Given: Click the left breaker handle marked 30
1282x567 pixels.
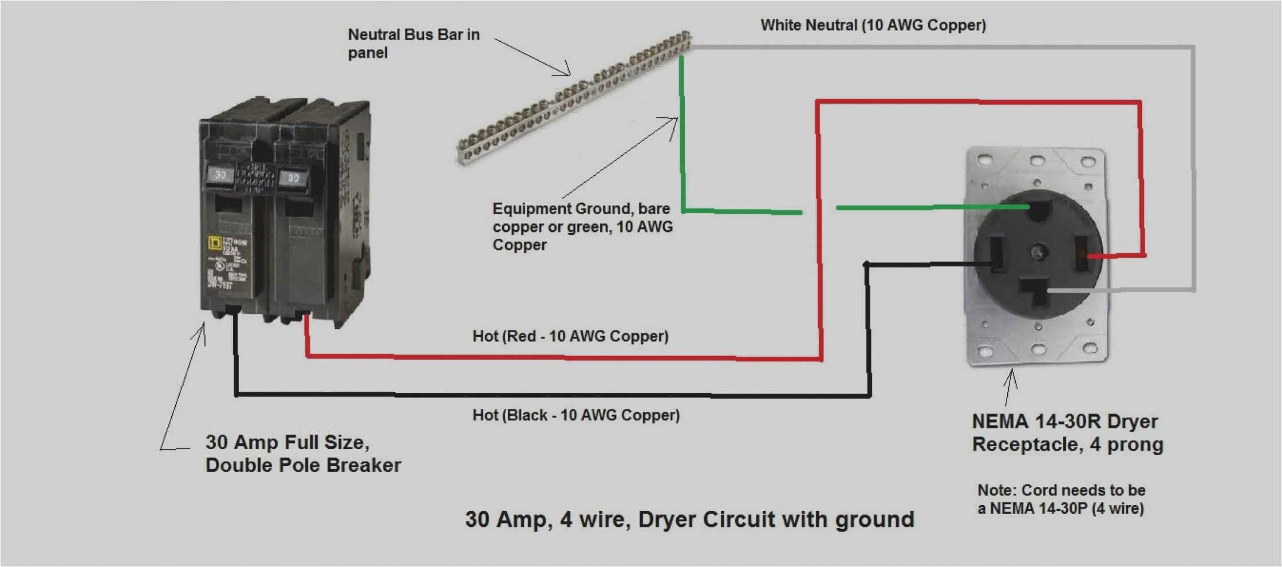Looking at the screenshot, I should point(220,175).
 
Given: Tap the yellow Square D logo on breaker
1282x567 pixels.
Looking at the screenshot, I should point(214,243).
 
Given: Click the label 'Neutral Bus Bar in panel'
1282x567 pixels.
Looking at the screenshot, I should point(413,44).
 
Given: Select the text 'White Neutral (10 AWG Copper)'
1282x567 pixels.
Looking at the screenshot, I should point(873,25).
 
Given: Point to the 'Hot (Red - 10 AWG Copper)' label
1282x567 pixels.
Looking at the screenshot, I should point(570,336).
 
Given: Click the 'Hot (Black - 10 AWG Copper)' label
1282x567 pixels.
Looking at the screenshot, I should point(575,415).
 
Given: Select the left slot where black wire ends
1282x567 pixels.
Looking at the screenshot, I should point(996,255).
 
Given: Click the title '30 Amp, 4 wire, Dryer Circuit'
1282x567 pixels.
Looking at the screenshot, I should point(689,519).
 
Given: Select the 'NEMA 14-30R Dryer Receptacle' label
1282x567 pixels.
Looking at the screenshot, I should point(1067,433).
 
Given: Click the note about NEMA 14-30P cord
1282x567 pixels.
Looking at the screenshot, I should point(1061,499).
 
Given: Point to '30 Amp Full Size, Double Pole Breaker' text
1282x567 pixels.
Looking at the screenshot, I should point(303,454).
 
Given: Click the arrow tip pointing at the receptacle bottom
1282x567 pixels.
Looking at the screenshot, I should point(1011,371).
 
